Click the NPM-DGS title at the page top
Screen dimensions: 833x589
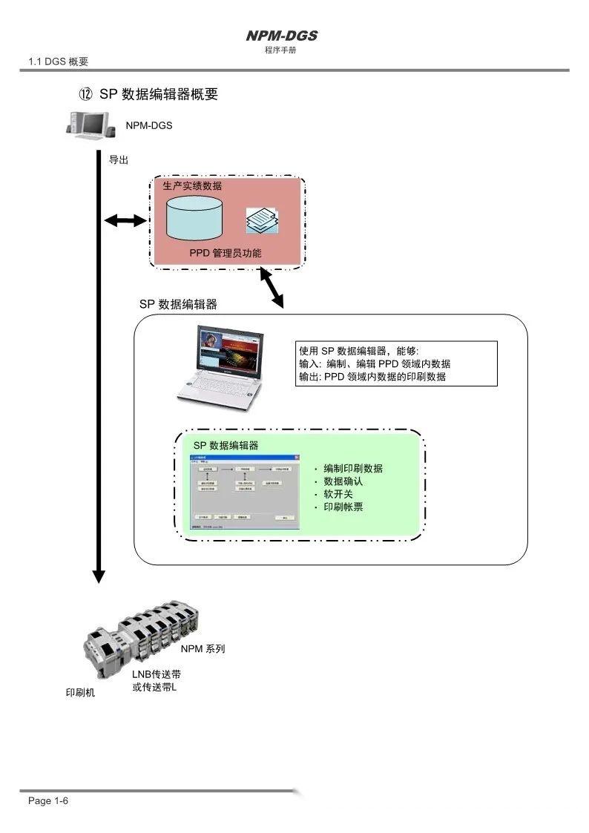pos(281,36)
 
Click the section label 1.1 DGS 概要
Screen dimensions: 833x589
pos(58,62)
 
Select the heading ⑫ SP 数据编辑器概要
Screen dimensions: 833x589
pos(148,94)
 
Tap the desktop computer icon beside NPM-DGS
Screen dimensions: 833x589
pos(91,124)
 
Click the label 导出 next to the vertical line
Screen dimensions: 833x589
pos(119,159)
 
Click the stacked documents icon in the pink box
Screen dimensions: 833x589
pos(263,220)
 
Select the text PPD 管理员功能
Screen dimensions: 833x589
pos(225,254)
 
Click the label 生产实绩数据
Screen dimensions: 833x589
pos(192,185)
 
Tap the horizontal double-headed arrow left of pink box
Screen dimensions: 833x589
pos(125,220)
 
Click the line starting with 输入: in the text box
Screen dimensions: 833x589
pos(374,363)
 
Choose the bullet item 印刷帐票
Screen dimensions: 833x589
pos(343,507)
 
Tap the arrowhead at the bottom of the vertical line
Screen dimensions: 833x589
pos(98,576)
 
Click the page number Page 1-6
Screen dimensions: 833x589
pos(48,801)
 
